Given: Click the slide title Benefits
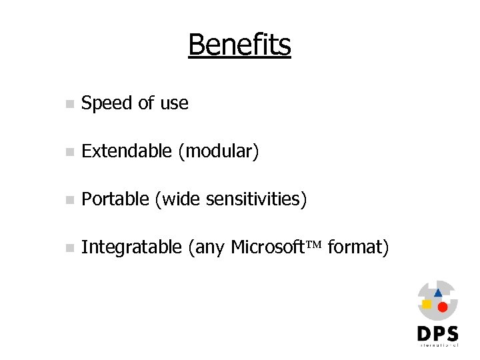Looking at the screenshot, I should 239,45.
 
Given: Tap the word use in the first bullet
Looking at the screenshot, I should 174,103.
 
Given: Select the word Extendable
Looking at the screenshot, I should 126,151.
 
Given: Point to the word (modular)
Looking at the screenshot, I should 218,152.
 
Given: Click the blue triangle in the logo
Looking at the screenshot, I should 438,292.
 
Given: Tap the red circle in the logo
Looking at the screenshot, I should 442,307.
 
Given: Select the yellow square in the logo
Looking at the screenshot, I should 427,304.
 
